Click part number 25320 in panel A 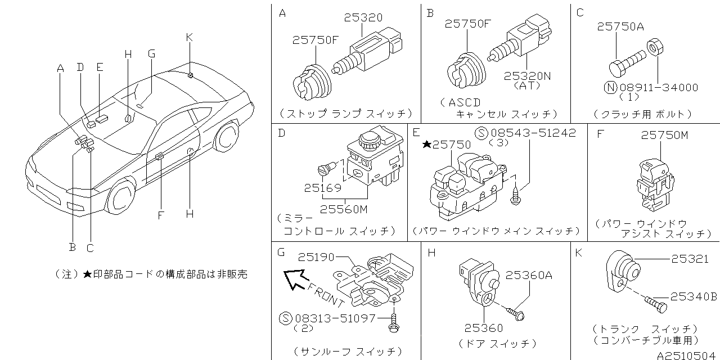[363, 19]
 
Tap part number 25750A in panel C [620, 26]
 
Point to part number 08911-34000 [659, 88]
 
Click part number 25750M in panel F [664, 135]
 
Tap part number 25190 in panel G [316, 257]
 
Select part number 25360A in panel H [529, 275]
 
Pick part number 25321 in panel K [690, 258]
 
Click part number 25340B [692, 296]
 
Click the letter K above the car [190, 37]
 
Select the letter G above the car [151, 53]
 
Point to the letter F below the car [160, 214]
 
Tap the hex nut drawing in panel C [654, 46]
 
